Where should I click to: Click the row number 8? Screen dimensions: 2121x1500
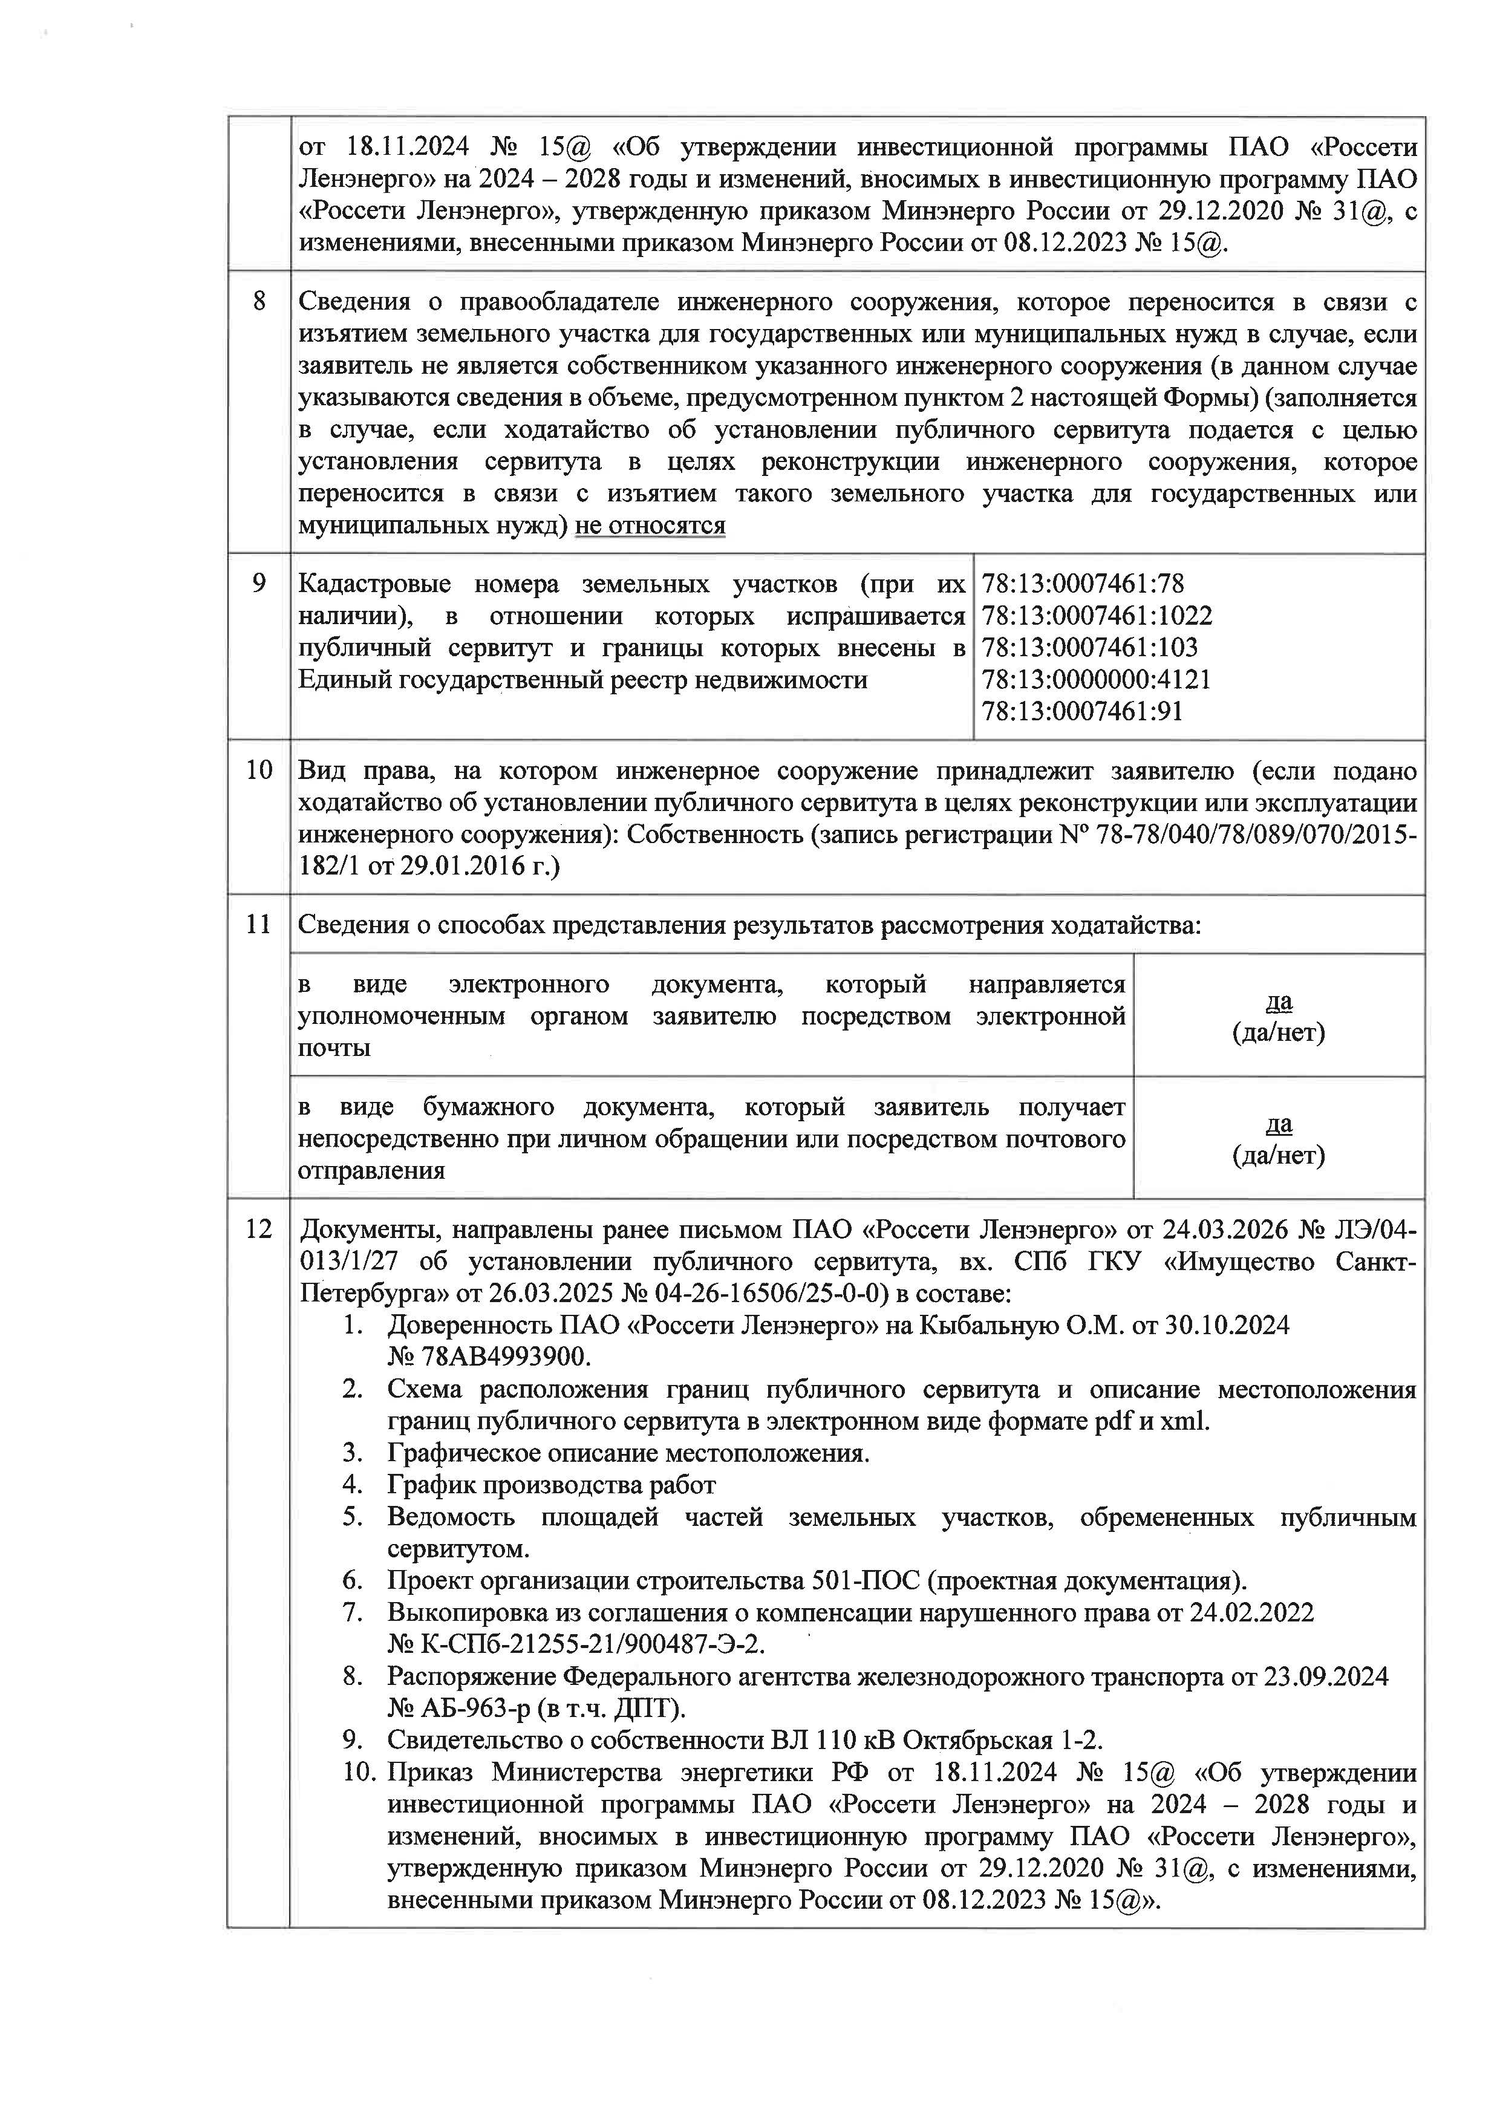pos(259,302)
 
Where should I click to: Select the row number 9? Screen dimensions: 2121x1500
pos(259,584)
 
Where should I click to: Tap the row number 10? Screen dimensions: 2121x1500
pos(259,771)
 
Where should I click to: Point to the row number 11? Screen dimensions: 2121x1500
pos(259,925)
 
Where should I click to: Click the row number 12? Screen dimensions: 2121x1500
pos(259,1230)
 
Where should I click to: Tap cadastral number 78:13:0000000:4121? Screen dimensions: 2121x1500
pos(1095,680)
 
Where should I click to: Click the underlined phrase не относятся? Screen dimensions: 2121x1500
pos(650,526)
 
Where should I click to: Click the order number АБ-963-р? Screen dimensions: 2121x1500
pos(475,1708)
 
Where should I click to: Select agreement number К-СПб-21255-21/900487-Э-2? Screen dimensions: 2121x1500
pos(589,1644)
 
